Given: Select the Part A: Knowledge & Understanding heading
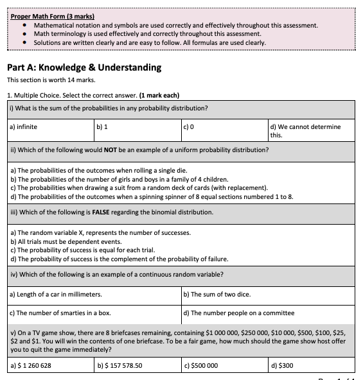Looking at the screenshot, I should (84, 67).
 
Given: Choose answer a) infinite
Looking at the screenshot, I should (23, 126).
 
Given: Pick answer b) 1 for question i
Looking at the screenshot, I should (102, 126).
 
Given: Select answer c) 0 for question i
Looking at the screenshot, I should (188, 126).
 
